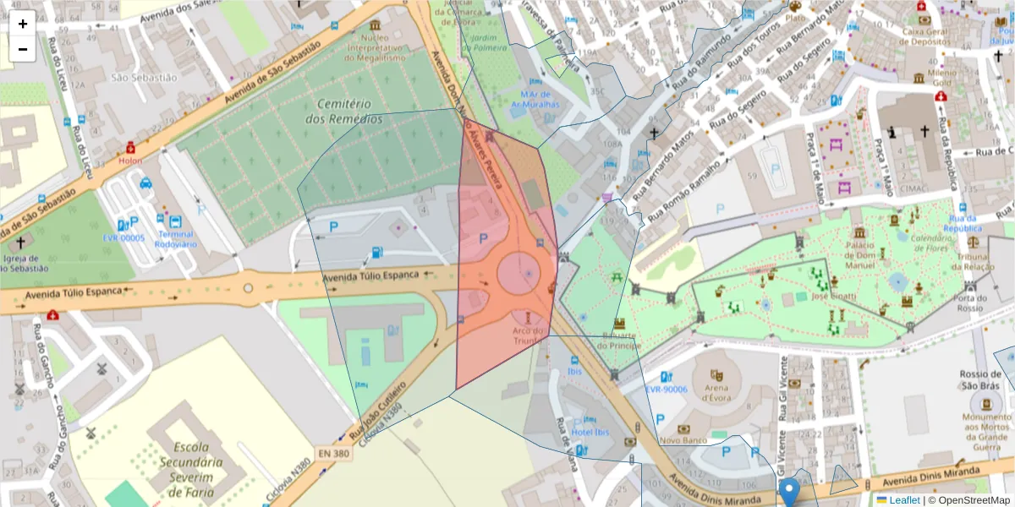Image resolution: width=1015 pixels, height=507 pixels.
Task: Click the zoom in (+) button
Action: click(x=23, y=24)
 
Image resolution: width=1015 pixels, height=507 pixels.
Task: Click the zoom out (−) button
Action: click(x=23, y=49)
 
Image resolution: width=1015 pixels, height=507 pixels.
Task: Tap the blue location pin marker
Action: click(x=789, y=491)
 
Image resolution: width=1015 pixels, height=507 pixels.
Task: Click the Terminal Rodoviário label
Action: click(x=175, y=239)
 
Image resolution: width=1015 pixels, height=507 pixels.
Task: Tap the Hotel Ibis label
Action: click(x=590, y=433)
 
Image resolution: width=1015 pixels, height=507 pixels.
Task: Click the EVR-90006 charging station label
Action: click(x=666, y=390)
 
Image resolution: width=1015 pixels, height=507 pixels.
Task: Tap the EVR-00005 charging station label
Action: click(x=123, y=238)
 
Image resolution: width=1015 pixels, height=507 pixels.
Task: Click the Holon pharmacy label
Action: click(x=130, y=160)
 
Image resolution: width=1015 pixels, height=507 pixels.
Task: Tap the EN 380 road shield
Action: click(x=335, y=453)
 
